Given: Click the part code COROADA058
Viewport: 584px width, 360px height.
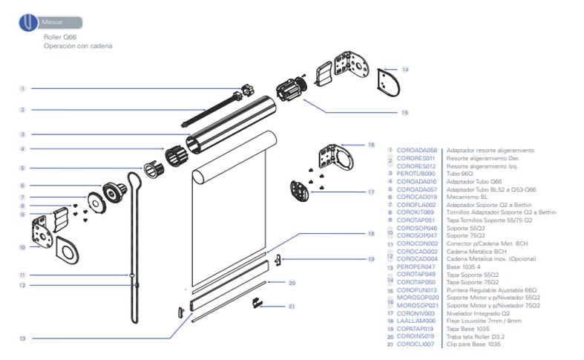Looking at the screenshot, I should (x=416, y=149).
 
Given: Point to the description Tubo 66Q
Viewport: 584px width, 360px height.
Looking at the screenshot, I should (x=458, y=172).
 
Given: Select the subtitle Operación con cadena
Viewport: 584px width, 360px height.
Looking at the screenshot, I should (x=78, y=46).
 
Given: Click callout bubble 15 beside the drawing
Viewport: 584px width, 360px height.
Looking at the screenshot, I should (x=404, y=113).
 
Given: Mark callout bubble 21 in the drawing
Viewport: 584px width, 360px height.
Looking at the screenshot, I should (x=292, y=307).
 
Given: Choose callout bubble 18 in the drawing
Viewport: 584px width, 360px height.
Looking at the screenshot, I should (x=371, y=234).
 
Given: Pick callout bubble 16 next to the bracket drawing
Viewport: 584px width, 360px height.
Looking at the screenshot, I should (x=371, y=145).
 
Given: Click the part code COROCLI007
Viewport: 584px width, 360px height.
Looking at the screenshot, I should (x=416, y=344).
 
